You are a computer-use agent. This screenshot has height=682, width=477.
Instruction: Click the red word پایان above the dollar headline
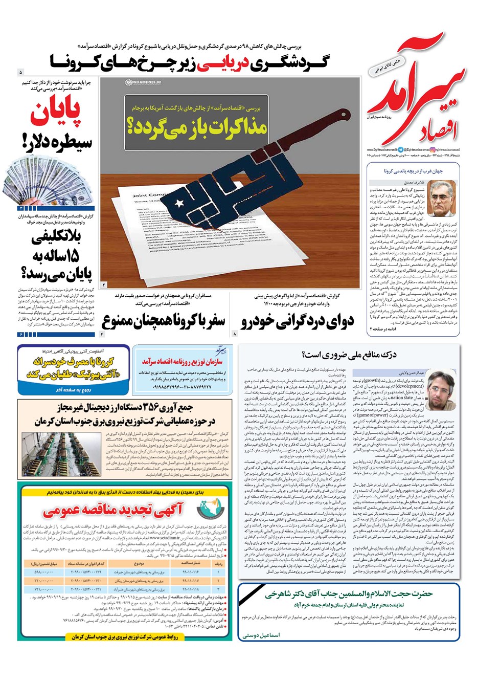[57, 114]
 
